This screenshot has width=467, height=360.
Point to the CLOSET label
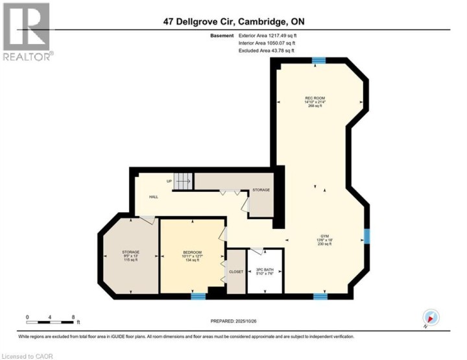pyautogui.click(x=236, y=272)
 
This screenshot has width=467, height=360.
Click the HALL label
pyautogui.click(x=154, y=197)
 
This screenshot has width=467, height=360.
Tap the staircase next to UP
pyautogui.click(x=184, y=182)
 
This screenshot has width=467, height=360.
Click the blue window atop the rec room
pyautogui.click(x=318, y=60)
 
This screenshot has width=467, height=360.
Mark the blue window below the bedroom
pyautogui.click(x=198, y=296)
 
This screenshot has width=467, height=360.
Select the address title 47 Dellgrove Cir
pyautogui.click(x=220, y=21)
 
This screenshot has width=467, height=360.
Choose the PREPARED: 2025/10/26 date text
pyautogui.click(x=233, y=321)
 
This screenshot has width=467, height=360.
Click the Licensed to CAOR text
pyautogui.click(x=29, y=355)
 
